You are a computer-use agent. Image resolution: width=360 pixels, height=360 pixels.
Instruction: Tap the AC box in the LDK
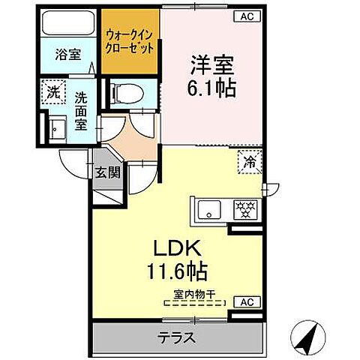pos(247,302)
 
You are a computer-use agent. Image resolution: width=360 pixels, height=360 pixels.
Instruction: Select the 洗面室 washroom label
pos(82,111)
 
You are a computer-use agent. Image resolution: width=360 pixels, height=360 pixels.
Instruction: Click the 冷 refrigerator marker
pos(247,160)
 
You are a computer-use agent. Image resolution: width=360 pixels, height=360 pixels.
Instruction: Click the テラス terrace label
pos(178,337)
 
